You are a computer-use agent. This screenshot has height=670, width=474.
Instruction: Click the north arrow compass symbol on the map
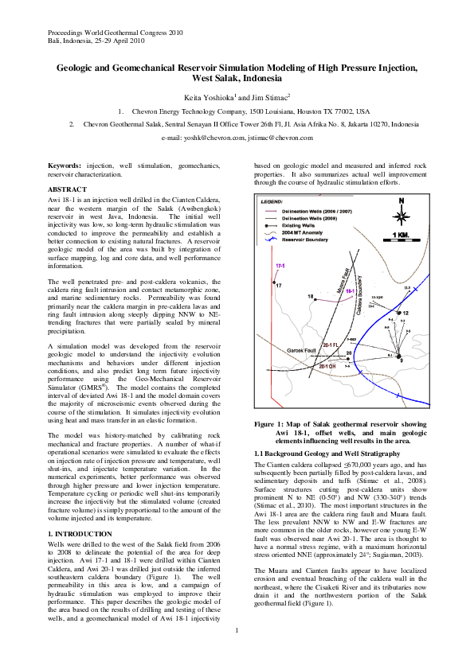[x=402, y=214]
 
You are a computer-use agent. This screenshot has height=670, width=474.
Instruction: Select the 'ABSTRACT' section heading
[x=68, y=189]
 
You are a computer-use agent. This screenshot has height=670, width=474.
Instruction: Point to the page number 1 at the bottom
[x=237, y=652]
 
